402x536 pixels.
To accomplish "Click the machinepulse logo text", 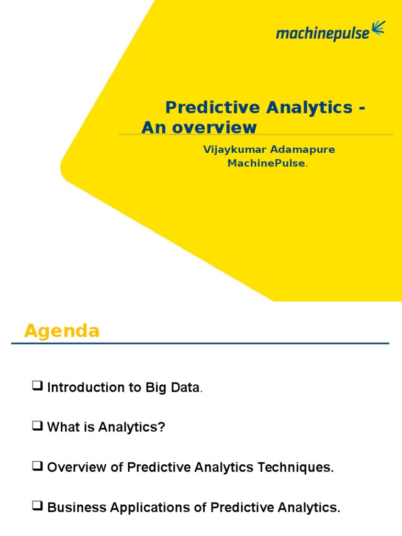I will coord(322,33).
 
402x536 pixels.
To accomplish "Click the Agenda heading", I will coord(62,331).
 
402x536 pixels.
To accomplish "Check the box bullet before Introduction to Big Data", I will coord(37,387).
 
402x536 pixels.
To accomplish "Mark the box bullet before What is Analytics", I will coord(37,427).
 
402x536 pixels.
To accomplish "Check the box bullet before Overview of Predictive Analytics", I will coord(37,467).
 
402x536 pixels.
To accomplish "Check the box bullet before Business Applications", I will coord(37,507).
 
